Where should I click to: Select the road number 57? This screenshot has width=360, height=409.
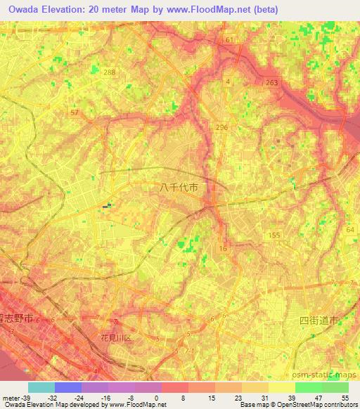coord(75,112)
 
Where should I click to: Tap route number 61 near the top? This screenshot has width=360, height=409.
coord(229,40)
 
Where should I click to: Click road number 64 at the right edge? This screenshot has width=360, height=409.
coord(350,230)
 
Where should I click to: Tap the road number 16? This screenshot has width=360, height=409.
coord(224,249)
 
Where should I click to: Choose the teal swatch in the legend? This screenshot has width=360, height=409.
coord(41,387)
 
